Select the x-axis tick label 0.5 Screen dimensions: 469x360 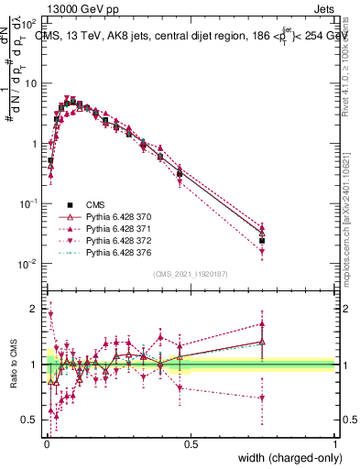191,442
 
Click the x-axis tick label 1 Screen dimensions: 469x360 334,442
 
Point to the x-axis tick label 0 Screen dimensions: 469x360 47,442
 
